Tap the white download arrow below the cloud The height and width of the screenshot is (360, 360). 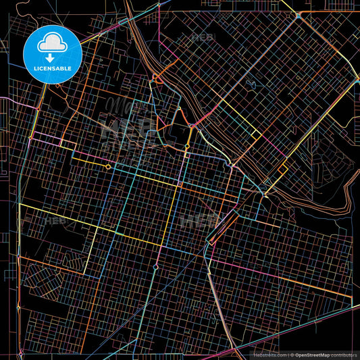[51, 58]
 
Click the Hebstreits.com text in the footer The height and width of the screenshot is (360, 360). [269, 353]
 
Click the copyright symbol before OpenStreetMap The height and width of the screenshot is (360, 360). [291, 353]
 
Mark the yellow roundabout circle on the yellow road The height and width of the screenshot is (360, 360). [108, 165]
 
